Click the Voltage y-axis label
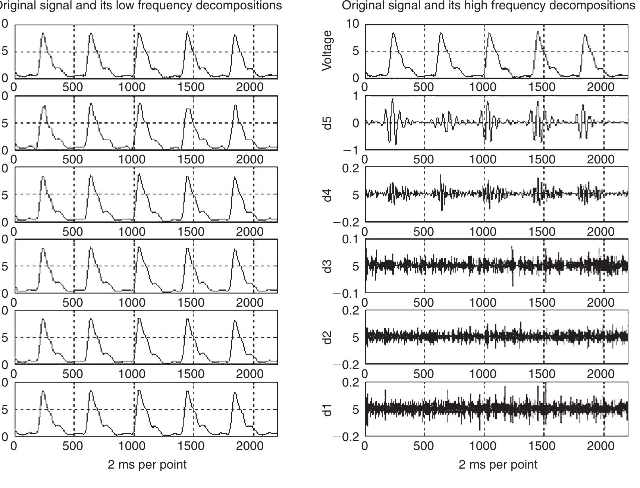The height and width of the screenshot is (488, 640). [x=327, y=50]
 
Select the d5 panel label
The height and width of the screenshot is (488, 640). [x=327, y=123]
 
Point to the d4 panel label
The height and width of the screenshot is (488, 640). [x=327, y=195]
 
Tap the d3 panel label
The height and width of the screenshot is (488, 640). [x=327, y=266]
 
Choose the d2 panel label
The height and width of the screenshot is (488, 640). [x=327, y=337]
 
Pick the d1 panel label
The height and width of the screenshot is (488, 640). [x=327, y=409]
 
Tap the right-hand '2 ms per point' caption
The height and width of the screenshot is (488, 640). [x=498, y=464]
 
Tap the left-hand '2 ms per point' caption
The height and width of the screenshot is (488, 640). [x=147, y=464]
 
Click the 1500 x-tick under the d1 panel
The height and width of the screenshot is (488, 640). [x=542, y=446]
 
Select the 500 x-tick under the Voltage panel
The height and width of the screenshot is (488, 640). [x=424, y=87]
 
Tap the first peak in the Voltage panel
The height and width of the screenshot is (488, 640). [x=393, y=34]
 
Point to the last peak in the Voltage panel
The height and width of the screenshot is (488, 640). [x=586, y=35]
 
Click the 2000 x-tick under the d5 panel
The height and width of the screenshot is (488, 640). [x=600, y=160]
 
